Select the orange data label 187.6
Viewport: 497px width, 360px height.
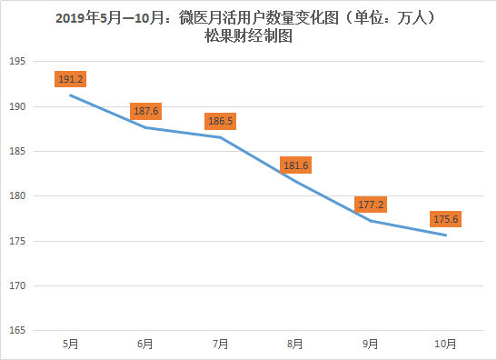point(144,111)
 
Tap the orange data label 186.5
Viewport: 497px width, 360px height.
point(220,121)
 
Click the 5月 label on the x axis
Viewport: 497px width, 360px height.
point(70,344)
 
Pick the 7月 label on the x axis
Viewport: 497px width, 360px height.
point(220,344)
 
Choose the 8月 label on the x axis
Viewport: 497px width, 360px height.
point(295,344)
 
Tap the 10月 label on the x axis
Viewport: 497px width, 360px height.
point(445,344)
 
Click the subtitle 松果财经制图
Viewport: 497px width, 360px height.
point(249,37)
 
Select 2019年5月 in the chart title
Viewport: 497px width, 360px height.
point(85,18)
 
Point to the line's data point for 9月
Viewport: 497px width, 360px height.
point(370,220)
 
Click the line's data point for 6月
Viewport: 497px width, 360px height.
point(144,127)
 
